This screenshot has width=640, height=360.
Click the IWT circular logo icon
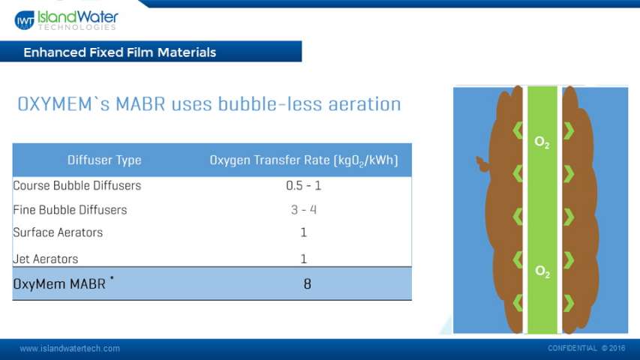tap(25, 20)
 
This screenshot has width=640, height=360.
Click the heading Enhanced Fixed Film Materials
tap(119, 52)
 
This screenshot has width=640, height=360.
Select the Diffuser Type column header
tap(104, 160)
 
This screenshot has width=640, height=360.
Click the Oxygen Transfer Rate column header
tap(304, 160)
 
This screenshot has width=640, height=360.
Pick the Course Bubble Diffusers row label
tap(77, 186)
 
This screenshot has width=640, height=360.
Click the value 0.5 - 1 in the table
tap(304, 186)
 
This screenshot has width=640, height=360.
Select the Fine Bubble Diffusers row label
tap(70, 210)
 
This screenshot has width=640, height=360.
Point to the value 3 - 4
tap(304, 210)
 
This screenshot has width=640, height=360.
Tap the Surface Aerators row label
tap(58, 232)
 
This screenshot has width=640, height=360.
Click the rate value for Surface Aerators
tap(303, 232)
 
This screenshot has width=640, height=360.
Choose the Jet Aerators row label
tap(45, 259)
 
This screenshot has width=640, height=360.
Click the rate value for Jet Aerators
tap(303, 259)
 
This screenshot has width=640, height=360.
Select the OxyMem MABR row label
tap(63, 283)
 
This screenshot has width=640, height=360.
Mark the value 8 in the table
tap(308, 283)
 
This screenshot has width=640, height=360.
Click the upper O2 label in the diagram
tap(542, 142)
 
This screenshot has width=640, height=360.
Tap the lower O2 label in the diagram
tap(542, 271)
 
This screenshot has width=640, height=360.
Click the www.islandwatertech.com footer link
tap(70, 349)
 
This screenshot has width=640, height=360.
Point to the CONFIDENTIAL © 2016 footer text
tap(586, 348)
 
